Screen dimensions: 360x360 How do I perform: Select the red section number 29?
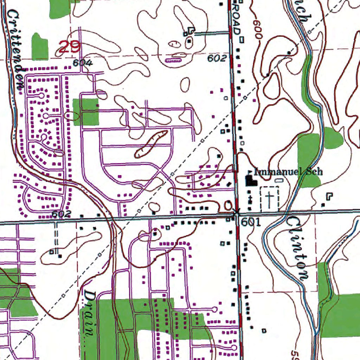(70, 47)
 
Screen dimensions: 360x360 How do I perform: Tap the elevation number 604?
(83, 63)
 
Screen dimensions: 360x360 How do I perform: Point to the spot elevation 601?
(251, 222)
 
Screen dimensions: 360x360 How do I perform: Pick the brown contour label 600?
(257, 28)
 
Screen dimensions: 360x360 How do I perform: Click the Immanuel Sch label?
(288, 172)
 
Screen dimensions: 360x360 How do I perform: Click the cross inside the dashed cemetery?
(269, 199)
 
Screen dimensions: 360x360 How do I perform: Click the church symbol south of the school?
(250, 199)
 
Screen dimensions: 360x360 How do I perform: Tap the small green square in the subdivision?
(85, 112)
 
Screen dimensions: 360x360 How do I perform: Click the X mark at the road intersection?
(236, 212)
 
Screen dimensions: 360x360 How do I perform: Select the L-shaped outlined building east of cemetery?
(329, 196)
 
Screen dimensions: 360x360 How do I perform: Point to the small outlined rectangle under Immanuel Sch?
(279, 180)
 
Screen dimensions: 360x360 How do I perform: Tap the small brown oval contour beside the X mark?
(228, 205)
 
